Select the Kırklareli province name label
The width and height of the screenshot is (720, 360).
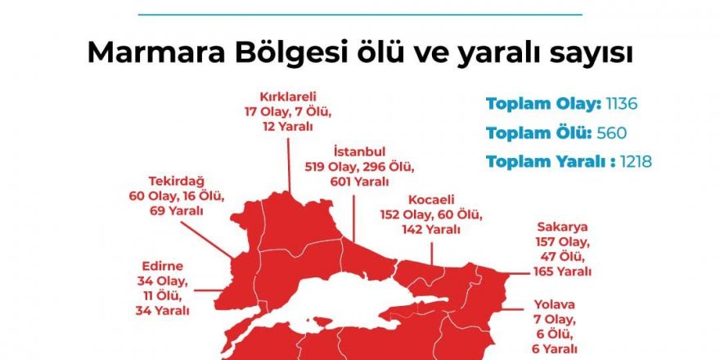[287, 95]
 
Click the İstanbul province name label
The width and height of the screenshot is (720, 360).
[359, 151]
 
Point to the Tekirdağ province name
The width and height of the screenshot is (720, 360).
[176, 181]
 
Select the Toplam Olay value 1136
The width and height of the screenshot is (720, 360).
[621, 104]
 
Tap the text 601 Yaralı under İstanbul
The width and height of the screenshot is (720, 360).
[359, 181]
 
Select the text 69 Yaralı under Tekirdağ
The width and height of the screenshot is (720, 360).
[176, 211]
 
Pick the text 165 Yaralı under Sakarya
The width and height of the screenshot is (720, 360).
[563, 271]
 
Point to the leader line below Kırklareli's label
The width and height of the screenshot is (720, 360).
[290, 160]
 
